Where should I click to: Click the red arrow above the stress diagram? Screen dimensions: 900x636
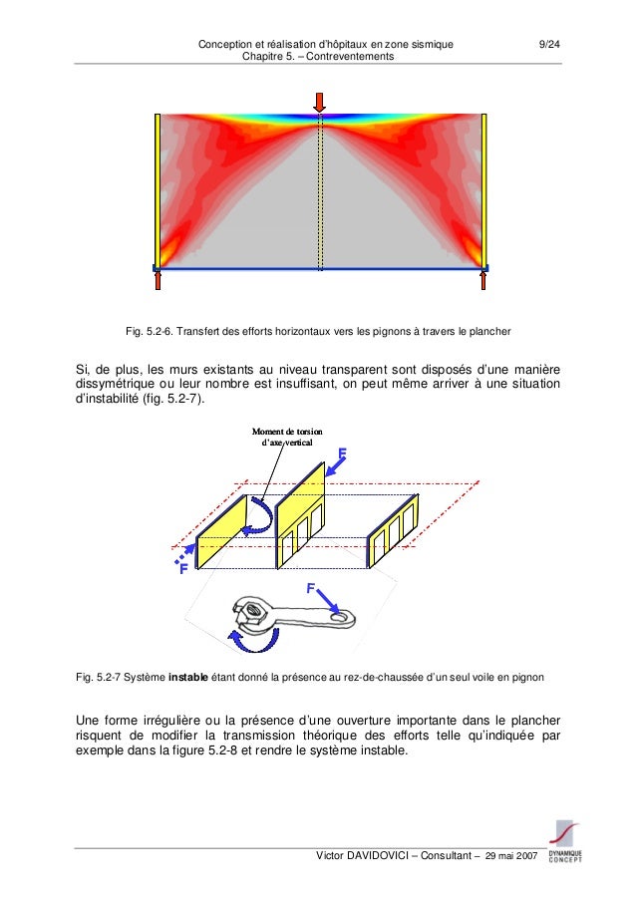tap(319, 102)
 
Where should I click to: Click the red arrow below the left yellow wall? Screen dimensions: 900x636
tap(158, 280)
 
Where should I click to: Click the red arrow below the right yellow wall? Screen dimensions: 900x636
tap(483, 280)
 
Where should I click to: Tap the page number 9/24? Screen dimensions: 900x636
tap(548, 45)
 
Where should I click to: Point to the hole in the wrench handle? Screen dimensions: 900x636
tap(344, 619)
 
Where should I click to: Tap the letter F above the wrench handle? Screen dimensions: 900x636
tap(311, 590)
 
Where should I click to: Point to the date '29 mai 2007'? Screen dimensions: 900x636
tap(509, 858)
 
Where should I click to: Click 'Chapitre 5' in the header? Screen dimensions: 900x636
tap(261, 57)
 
